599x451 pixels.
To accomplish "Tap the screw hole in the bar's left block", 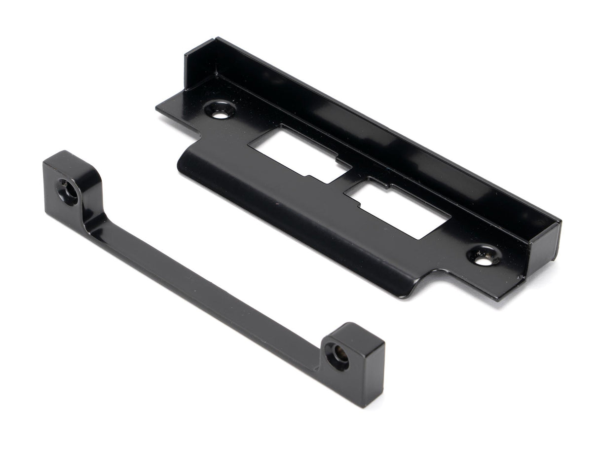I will click(67, 191).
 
